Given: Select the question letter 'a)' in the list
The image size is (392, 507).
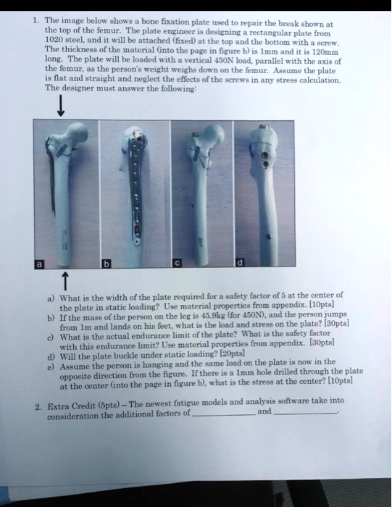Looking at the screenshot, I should click(x=49, y=296).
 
